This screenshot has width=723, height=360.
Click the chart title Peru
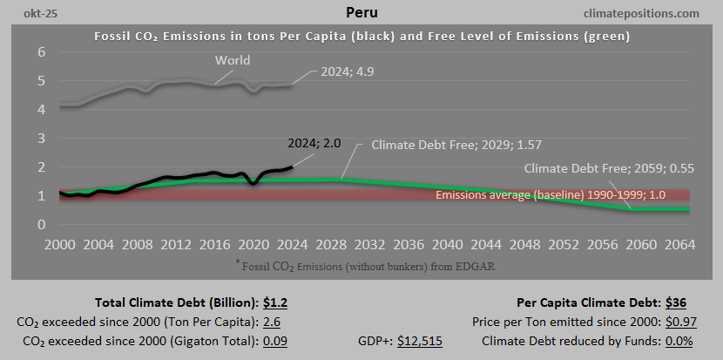(x=361, y=14)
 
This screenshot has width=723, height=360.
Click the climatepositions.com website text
(x=644, y=14)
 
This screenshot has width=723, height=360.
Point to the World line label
(x=233, y=60)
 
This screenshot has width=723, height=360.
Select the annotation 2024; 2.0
(x=316, y=143)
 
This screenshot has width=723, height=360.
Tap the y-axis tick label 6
(x=40, y=52)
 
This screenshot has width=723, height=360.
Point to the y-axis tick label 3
(x=40, y=139)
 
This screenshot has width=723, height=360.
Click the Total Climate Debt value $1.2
(x=274, y=303)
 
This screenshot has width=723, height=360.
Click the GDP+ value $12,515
(x=420, y=341)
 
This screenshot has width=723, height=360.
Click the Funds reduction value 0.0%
(x=676, y=341)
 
